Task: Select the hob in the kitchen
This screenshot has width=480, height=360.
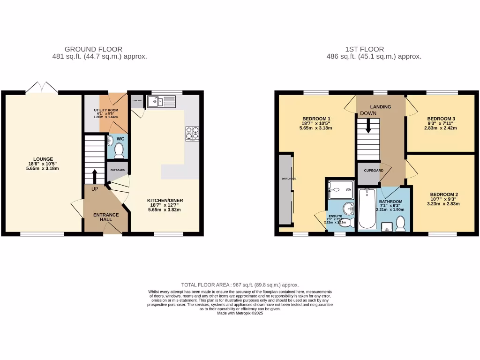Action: pyautogui.click(x=192, y=133)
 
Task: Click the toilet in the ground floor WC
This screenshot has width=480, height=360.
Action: pyautogui.click(x=119, y=150)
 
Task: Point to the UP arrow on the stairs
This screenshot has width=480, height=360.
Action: pyautogui.click(x=94, y=178)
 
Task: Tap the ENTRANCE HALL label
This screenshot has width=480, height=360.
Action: pyautogui.click(x=106, y=217)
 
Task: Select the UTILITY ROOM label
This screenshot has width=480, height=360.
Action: pyautogui.click(x=106, y=110)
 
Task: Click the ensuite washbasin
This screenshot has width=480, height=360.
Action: pyautogui.click(x=347, y=208)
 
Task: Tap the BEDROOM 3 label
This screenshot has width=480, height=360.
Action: pyautogui.click(x=441, y=119)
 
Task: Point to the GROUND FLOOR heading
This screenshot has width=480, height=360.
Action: pyautogui.click(x=93, y=49)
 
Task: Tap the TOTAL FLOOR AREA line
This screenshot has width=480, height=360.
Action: pyautogui.click(x=240, y=285)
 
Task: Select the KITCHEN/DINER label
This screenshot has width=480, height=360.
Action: pyautogui.click(x=167, y=200)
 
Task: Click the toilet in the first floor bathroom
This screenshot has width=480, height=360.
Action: pyautogui.click(x=401, y=225)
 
